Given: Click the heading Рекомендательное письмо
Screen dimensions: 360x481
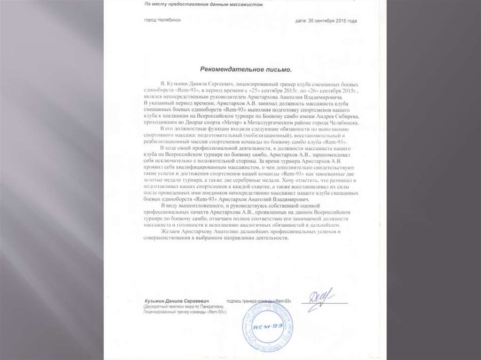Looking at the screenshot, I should (x=246, y=69).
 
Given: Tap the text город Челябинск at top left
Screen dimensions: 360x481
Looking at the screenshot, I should (x=163, y=21).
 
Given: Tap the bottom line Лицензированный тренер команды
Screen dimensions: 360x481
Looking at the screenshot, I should (x=185, y=312).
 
